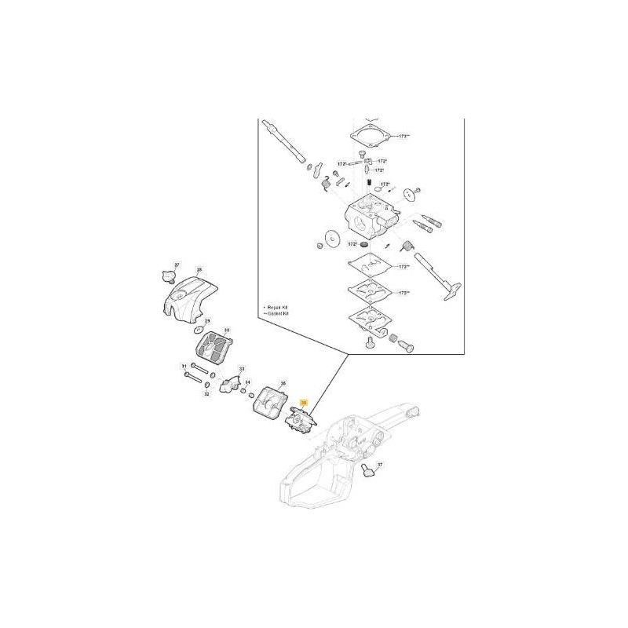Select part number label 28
199,271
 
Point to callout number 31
184,367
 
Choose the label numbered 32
207,394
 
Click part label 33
241,368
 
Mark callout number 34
247,382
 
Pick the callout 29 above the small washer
207,322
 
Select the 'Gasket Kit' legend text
279,312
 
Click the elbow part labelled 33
229,384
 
